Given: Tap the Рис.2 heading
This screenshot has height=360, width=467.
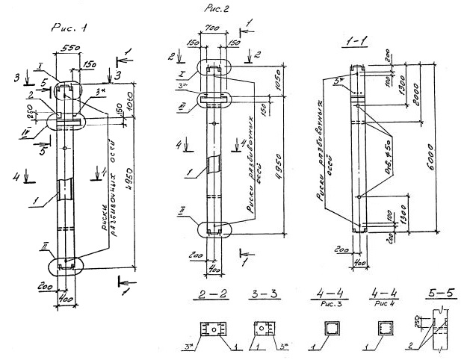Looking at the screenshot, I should click(219, 9).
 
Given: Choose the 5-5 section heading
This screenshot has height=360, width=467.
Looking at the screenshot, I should click(436, 294).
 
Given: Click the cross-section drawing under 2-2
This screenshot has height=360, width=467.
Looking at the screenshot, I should click(213, 329).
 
